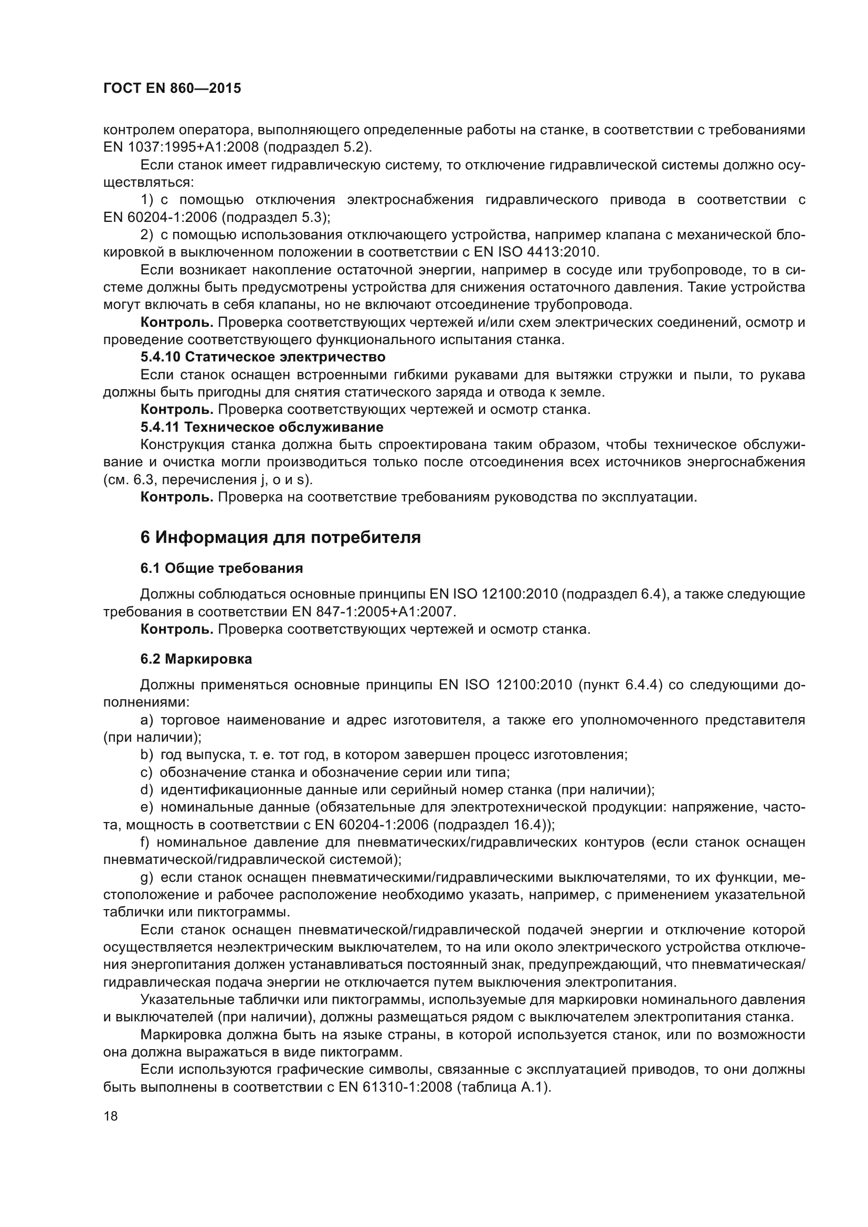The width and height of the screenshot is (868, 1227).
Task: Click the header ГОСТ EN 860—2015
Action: [172, 88]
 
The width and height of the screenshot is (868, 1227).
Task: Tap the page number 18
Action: [111, 1116]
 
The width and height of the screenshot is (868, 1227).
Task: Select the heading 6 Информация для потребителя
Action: [280, 538]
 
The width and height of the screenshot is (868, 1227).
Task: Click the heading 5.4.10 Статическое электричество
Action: [262, 356]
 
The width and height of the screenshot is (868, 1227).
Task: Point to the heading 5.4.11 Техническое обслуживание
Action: [261, 427]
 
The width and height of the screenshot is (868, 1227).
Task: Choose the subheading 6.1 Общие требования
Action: [221, 569]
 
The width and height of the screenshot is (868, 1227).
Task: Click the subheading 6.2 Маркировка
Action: [196, 659]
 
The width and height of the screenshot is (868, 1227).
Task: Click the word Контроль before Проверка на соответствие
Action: [176, 497]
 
